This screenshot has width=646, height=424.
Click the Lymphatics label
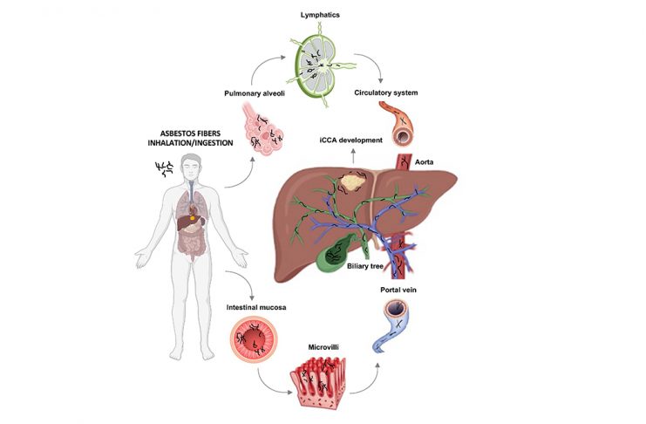coord(320,15)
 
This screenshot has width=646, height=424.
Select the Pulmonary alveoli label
coord(255,93)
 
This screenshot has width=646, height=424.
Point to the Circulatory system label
coord(385,92)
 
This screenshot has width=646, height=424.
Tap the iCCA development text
coord(350,140)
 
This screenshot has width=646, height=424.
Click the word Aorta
coord(424,162)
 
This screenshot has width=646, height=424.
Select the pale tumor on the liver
coord(352,181)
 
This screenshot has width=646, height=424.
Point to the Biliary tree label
coord(364,266)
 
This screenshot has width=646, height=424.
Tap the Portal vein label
coord(398,290)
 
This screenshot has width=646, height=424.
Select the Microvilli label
coord(323,347)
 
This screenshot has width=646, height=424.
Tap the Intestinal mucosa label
coord(255,307)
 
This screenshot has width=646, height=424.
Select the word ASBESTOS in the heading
coord(176,134)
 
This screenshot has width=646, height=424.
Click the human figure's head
coord(191,166)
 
